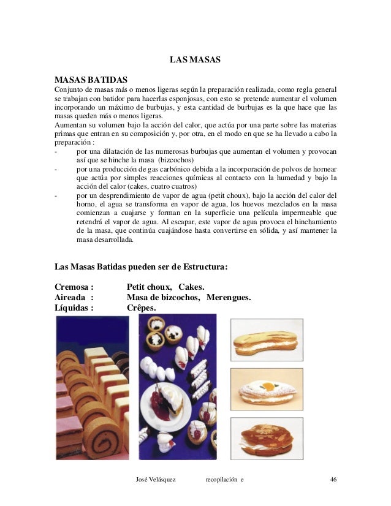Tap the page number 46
coord(333,478)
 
